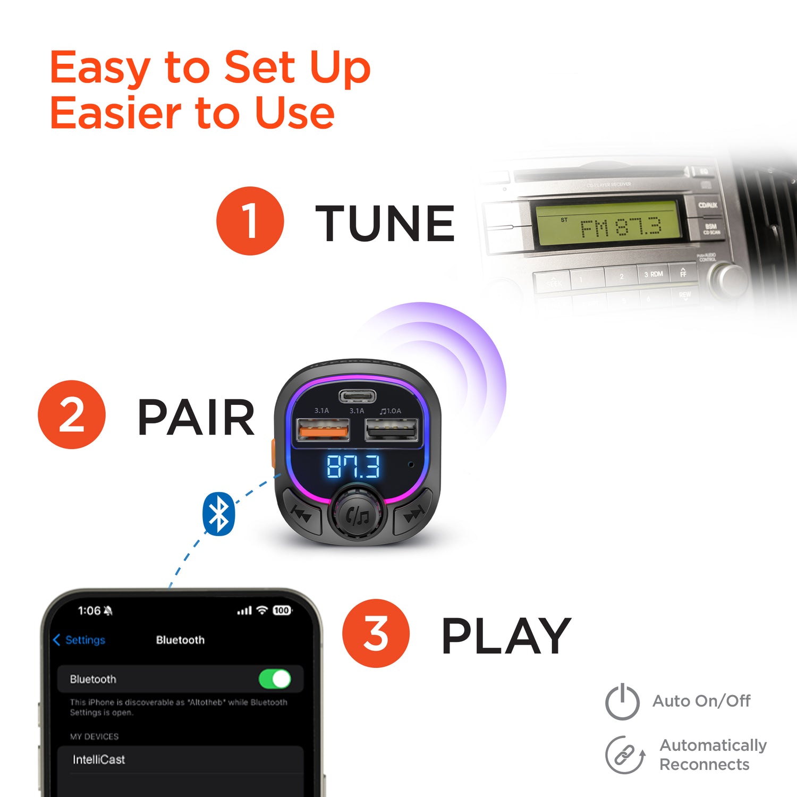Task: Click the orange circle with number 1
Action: point(250,221)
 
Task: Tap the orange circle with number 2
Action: point(72,414)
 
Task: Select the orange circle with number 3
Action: point(376,633)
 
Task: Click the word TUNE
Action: point(385,224)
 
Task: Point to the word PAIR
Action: point(196,418)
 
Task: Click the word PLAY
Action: point(506,636)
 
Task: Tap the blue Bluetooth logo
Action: point(218,514)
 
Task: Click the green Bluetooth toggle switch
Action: point(275,679)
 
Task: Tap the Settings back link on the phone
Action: point(80,640)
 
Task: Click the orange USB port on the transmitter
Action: point(323,429)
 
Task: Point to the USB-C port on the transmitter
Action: point(358,396)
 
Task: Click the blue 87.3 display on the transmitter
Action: point(353,467)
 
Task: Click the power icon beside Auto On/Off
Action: point(622,702)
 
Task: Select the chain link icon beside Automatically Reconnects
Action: point(624,754)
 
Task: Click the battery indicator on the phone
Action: point(282,611)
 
